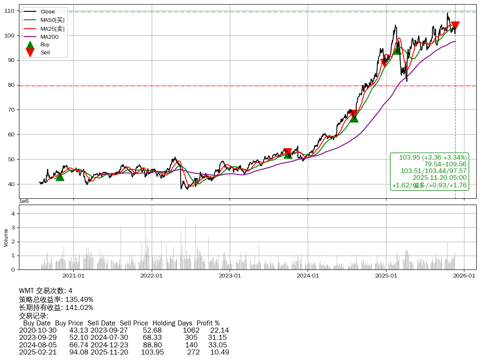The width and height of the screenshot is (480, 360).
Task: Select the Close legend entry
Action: click(x=48, y=12)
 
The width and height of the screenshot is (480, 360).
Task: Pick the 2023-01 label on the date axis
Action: click(x=230, y=276)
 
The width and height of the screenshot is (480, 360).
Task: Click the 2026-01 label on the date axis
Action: click(x=464, y=276)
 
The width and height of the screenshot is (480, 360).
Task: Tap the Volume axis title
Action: click(x=6, y=237)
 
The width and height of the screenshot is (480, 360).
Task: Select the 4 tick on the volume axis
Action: click(x=13, y=214)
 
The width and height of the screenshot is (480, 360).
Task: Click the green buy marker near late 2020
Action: click(x=60, y=177)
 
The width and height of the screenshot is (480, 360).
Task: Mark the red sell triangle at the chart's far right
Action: click(x=455, y=26)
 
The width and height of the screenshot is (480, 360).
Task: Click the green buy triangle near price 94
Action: click(x=397, y=50)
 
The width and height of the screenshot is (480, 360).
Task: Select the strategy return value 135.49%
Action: click(x=79, y=299)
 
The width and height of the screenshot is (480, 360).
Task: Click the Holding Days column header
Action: click(x=172, y=323)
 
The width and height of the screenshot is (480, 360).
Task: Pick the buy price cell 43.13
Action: click(x=79, y=330)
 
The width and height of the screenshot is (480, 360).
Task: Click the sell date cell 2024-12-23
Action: click(x=109, y=345)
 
